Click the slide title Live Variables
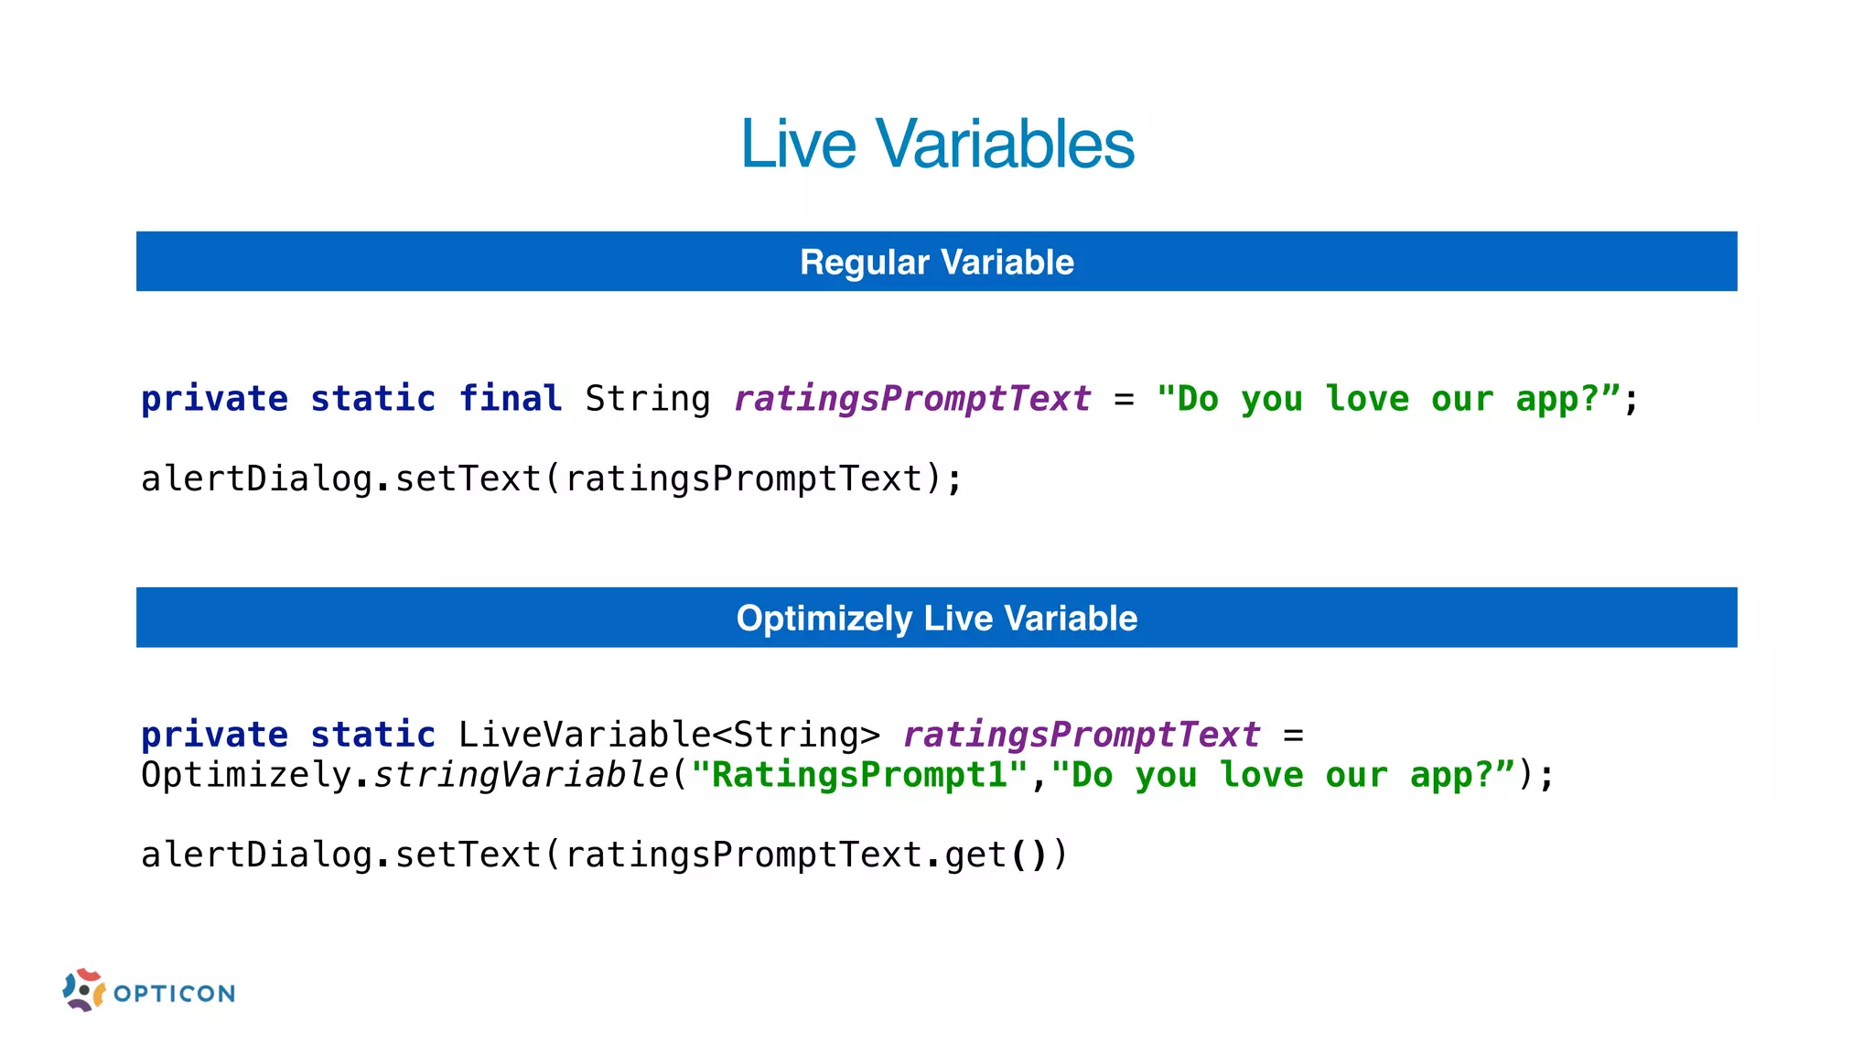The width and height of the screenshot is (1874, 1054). [937, 145]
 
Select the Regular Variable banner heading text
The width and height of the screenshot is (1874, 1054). [937, 263]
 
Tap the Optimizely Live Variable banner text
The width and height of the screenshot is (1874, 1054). [937, 618]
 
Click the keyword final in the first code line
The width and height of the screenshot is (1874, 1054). [510, 399]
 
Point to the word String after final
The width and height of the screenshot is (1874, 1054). [647, 400]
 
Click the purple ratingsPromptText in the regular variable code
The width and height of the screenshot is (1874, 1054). [912, 400]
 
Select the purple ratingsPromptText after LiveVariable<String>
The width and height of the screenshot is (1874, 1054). [1082, 736]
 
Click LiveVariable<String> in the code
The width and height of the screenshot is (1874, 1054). [669, 736]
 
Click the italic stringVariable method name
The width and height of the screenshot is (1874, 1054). [522, 776]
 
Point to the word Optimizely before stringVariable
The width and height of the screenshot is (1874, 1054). [246, 776]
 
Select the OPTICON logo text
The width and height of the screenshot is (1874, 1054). [175, 994]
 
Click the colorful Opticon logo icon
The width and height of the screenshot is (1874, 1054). [84, 990]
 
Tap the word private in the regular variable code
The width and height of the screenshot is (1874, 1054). [214, 400]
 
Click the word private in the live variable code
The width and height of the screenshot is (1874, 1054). [214, 736]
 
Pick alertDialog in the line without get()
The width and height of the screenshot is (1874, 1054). [256, 479]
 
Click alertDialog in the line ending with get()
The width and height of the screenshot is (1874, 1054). [256, 855]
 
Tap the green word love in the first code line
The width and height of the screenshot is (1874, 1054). [1367, 400]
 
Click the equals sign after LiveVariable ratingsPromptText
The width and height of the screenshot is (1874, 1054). [1293, 736]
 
